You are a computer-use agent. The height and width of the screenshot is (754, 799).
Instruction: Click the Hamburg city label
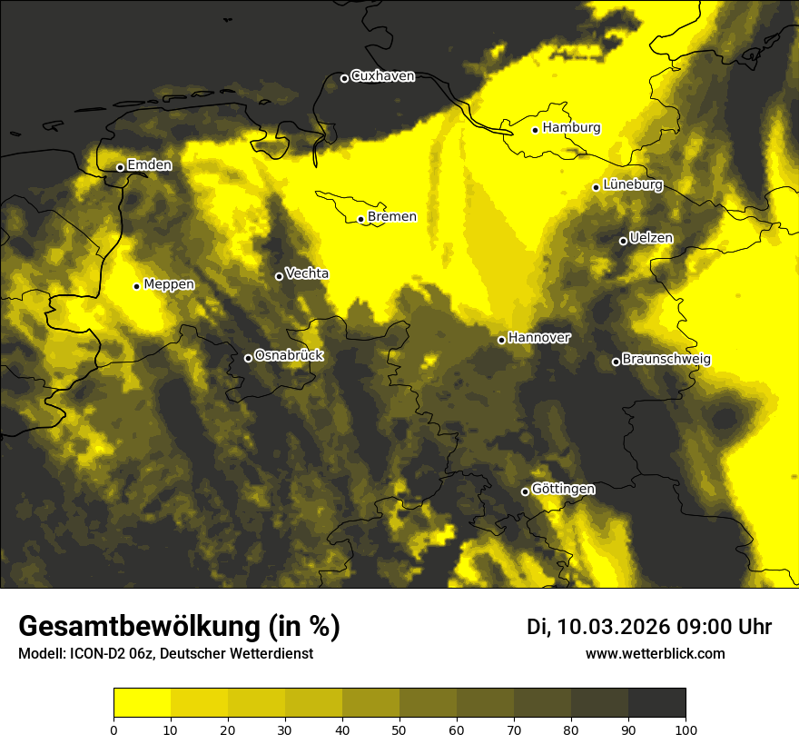tap(571, 128)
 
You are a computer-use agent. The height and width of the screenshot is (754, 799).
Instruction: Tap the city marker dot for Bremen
tap(360, 219)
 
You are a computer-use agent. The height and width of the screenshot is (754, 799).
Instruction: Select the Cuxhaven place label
tap(382, 76)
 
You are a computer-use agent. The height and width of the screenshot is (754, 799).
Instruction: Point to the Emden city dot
tap(120, 167)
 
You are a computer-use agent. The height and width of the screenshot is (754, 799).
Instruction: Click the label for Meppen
tap(169, 284)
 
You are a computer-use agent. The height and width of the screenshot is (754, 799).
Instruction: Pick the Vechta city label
tap(307, 273)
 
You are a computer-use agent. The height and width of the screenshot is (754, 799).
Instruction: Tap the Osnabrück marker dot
tap(248, 358)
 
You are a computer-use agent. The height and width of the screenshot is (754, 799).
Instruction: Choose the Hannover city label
tap(539, 338)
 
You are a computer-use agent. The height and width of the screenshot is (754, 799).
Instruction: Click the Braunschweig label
tap(666, 360)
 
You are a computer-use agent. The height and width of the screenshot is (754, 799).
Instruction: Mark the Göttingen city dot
tap(525, 491)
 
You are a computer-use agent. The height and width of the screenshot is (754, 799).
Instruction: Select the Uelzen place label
tap(651, 238)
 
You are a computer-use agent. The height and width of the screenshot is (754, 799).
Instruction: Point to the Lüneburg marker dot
tap(596, 187)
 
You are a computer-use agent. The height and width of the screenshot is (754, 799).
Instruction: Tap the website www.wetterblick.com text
tap(655, 653)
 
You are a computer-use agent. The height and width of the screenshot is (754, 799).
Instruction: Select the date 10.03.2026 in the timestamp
tap(613, 627)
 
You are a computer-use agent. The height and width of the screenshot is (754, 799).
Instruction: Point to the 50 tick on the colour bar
tap(399, 729)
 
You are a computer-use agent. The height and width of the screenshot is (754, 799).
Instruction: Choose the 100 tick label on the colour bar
tap(686, 729)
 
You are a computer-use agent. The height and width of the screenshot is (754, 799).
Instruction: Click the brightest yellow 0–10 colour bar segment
tap(142, 703)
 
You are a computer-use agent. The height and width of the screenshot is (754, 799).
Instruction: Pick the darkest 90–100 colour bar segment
tap(656, 703)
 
